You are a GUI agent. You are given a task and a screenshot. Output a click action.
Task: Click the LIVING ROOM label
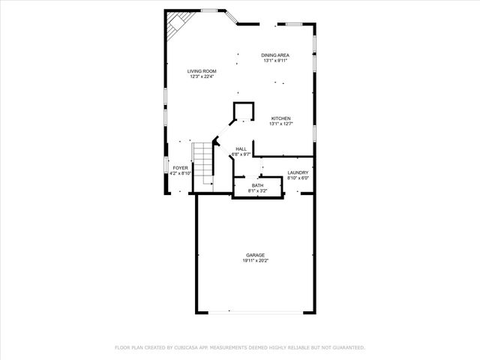point(202,71)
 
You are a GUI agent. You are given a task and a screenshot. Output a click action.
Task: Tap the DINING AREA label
point(275,55)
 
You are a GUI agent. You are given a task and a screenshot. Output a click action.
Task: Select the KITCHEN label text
point(280,118)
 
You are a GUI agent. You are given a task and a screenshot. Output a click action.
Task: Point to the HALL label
point(241,149)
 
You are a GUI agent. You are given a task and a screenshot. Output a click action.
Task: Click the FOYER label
point(181,168)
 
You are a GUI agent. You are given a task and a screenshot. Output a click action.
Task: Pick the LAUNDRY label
point(298,172)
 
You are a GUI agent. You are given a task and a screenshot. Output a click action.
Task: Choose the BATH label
point(257,185)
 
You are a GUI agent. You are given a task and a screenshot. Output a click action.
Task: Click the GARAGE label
point(256,256)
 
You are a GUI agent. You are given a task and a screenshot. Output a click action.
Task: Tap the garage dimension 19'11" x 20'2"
point(256,261)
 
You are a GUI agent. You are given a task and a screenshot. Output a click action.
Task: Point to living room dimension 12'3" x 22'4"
point(202,76)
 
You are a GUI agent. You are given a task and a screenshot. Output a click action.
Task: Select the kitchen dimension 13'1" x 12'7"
point(280,124)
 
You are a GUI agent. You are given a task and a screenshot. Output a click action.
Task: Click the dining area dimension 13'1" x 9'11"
point(275,61)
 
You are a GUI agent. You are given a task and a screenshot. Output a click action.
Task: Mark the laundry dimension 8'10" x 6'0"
point(298,178)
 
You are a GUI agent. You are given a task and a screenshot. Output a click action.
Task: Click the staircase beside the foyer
point(203,164)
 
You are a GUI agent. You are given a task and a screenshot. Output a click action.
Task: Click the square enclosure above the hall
point(243,111)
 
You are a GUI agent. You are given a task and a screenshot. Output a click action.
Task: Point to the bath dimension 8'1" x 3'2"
point(257,190)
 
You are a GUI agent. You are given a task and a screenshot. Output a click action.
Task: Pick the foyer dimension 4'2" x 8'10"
point(181,173)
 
